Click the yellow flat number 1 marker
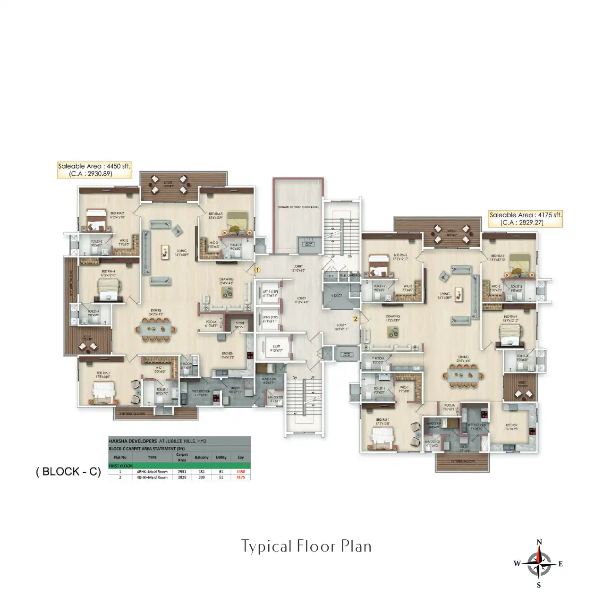pos(257,271)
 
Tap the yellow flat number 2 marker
pos(356,319)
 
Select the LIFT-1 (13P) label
pos(270,292)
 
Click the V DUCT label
pos(337,296)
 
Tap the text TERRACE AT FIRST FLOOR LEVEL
pos(298,207)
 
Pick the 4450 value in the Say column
pos(241,471)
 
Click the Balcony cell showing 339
pos(202,477)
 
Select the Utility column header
pos(221,457)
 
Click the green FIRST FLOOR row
pos(179,466)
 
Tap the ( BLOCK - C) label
pos(68,472)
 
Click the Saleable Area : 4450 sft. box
pos(94,170)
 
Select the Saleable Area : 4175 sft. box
pos(526,219)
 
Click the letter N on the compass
pos(539,542)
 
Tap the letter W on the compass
pos(517,563)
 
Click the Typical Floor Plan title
pos(306,546)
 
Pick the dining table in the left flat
pos(157,328)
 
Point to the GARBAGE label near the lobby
pos(355,275)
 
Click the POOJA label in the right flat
pos(449,406)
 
